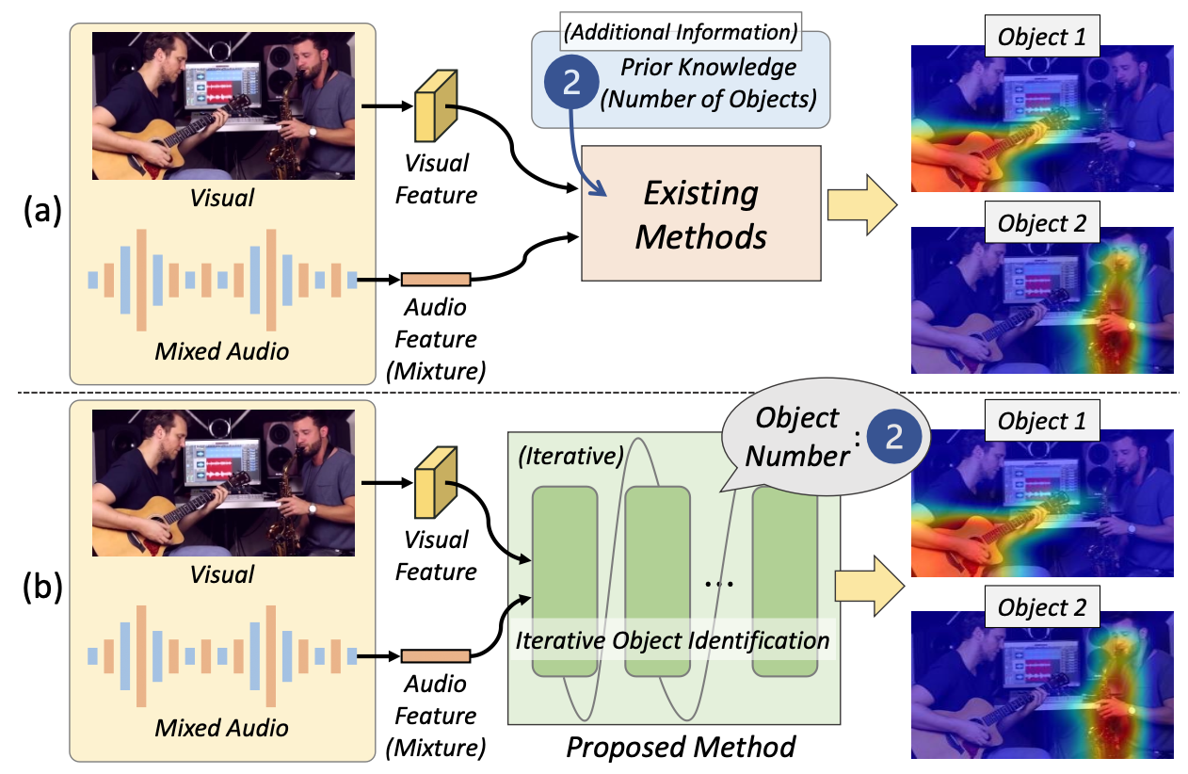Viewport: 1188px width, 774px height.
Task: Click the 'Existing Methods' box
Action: coord(701,216)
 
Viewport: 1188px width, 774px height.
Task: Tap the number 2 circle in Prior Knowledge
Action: coord(570,82)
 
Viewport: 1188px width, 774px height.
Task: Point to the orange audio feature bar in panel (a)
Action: coord(436,279)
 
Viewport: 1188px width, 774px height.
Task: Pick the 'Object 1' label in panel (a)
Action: coord(1041,38)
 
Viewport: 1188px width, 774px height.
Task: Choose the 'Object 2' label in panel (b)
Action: coord(1041,608)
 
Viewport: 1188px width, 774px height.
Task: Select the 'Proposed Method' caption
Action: coord(681,748)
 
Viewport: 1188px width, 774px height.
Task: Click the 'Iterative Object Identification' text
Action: coord(672,641)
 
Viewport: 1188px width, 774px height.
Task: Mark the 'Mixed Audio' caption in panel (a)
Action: coord(222,351)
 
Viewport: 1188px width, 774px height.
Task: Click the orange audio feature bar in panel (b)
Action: coord(436,655)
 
